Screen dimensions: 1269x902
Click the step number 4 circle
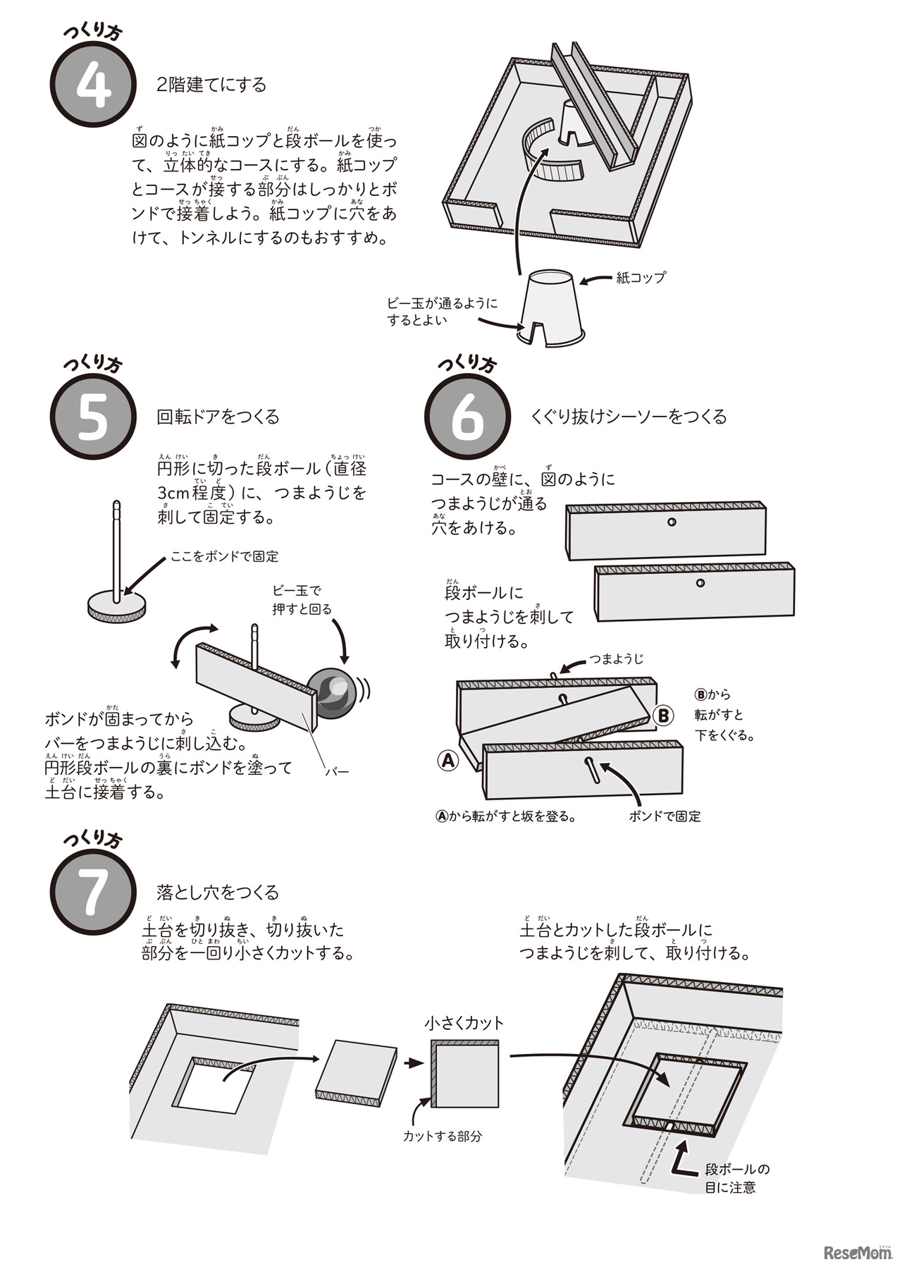click(x=92, y=87)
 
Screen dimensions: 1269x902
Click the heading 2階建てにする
click(x=211, y=85)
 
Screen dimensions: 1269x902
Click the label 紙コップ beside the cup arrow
click(x=640, y=278)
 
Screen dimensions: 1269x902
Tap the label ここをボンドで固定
click(x=224, y=557)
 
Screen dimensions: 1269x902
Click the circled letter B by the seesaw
click(x=663, y=715)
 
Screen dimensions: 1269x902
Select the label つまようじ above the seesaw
click(x=617, y=659)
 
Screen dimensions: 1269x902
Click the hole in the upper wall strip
click(x=672, y=522)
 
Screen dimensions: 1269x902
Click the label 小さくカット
click(x=464, y=1022)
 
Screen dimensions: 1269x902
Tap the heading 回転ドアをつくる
click(x=218, y=417)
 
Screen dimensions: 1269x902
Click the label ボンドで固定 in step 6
click(x=665, y=816)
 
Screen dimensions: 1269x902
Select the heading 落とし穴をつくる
click(x=218, y=893)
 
